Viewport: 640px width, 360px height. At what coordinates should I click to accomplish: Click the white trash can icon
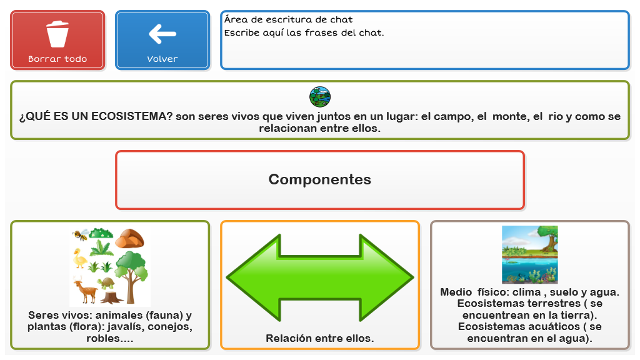[x=57, y=34]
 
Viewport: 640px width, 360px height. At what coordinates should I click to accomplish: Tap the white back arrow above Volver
[x=162, y=34]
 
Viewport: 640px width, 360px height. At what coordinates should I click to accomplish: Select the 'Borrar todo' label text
[x=57, y=59]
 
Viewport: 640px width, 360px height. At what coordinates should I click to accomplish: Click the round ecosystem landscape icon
[x=320, y=97]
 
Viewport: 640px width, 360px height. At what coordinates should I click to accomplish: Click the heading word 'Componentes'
[x=320, y=179]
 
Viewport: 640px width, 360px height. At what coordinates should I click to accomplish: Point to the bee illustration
[x=81, y=235]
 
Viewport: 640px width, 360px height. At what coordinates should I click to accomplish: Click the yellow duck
[x=79, y=258]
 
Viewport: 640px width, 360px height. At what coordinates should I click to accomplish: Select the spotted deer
[x=85, y=290]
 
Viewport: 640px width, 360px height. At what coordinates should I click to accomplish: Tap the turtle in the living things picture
[x=106, y=282]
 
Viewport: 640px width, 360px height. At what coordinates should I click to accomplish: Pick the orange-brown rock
[x=129, y=238]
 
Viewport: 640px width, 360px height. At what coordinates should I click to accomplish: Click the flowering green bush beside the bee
[x=101, y=233]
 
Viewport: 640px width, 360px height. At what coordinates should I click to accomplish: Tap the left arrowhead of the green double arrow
[x=253, y=277]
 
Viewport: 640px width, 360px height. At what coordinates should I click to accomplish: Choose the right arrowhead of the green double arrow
[x=386, y=277]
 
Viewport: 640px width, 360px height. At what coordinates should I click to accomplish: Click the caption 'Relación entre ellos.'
[x=320, y=338]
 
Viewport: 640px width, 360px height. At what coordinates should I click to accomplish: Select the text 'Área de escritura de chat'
[x=288, y=19]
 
